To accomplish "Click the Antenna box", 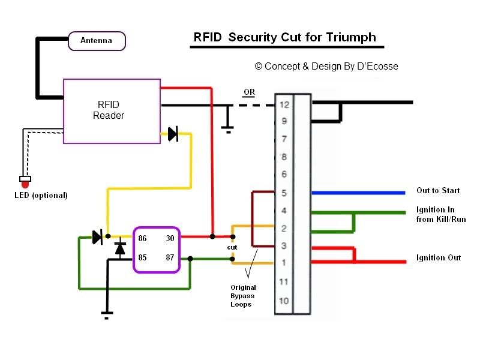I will coord(96,41).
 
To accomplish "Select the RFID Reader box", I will coord(112,111).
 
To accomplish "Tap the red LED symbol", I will coord(25,182).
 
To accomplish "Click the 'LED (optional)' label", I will coord(41,195).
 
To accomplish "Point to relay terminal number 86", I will coord(142,238).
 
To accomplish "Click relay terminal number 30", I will coord(170,238).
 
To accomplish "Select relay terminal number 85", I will coord(142,257).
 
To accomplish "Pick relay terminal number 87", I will coord(170,257).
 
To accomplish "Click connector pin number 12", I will coord(284,104).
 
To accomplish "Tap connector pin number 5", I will coord(284,193).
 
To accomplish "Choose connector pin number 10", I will coord(284,301).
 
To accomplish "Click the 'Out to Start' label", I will coord(438,191).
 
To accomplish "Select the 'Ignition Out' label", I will coord(439,257).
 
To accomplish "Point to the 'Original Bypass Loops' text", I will coord(242,296).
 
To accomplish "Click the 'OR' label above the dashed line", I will coord(248,92).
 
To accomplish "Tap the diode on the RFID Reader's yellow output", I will coord(173,134).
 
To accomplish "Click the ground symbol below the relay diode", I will coord(106,313).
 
